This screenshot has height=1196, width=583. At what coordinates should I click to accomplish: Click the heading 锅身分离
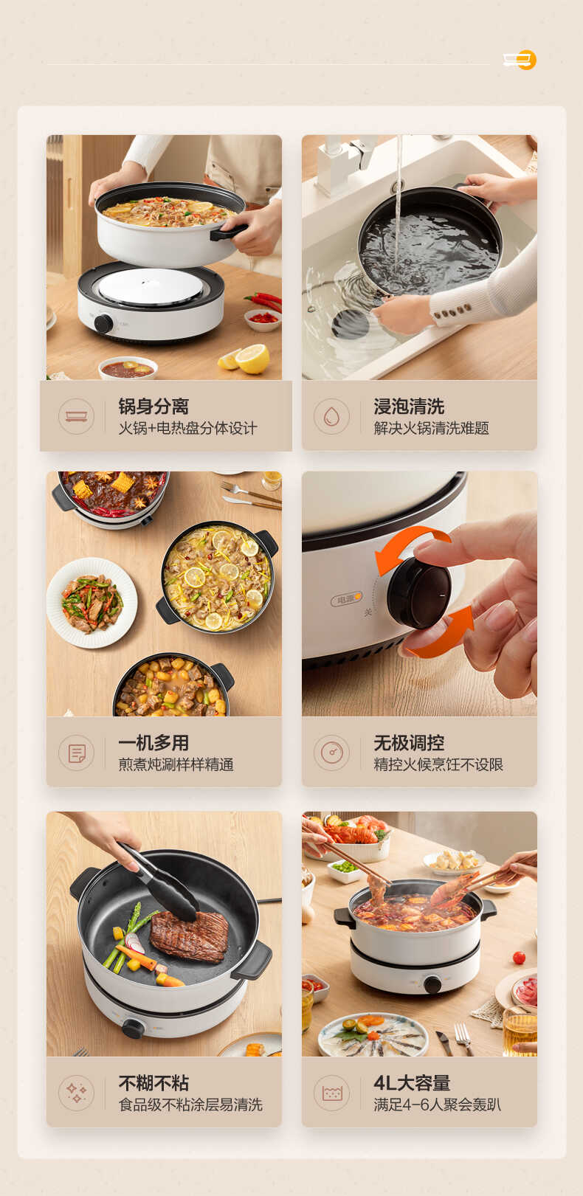(x=153, y=407)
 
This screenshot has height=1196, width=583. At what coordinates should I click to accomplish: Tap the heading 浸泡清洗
(x=409, y=407)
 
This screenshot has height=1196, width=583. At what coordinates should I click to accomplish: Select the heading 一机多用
(x=153, y=743)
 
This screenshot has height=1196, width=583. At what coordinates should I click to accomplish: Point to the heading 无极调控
(x=409, y=743)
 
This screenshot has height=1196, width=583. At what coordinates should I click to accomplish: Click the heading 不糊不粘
(x=153, y=1083)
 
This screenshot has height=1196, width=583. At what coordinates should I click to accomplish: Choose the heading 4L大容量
(x=412, y=1083)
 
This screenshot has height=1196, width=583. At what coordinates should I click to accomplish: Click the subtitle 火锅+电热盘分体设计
(x=187, y=429)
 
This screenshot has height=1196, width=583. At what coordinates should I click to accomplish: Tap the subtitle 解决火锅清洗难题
(x=431, y=429)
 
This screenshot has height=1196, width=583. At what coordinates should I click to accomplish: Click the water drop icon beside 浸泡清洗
(x=331, y=417)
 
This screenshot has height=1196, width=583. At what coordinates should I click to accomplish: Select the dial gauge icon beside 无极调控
(x=331, y=753)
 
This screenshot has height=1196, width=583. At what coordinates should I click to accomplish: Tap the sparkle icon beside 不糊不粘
(x=77, y=1093)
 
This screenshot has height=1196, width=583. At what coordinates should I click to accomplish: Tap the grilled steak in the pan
(x=190, y=936)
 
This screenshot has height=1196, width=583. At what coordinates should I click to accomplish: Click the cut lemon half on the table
(x=253, y=359)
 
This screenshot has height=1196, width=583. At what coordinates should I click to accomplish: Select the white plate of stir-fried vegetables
(x=92, y=603)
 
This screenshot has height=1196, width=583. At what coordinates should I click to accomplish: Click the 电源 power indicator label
(x=345, y=600)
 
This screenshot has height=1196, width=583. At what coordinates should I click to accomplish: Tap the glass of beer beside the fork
(x=520, y=1031)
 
